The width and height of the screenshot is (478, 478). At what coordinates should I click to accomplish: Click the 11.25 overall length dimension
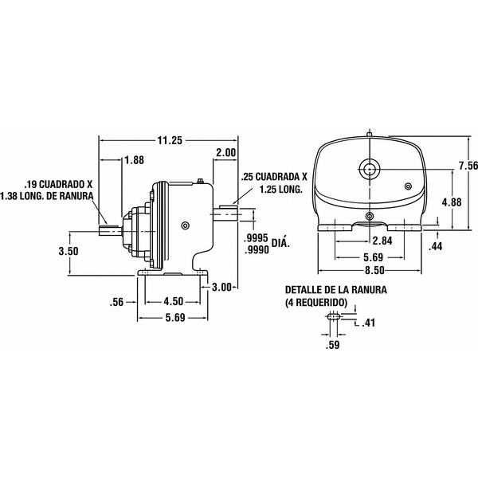[170, 140]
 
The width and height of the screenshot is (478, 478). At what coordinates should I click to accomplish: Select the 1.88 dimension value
[135, 159]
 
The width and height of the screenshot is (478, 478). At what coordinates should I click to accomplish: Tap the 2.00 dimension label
[225, 152]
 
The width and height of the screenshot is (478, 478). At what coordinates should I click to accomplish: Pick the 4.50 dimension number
[174, 301]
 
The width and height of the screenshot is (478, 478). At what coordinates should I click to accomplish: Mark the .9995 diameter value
[253, 239]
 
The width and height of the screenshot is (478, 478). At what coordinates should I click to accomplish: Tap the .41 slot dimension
[368, 323]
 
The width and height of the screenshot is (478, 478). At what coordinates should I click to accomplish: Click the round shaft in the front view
[368, 168]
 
